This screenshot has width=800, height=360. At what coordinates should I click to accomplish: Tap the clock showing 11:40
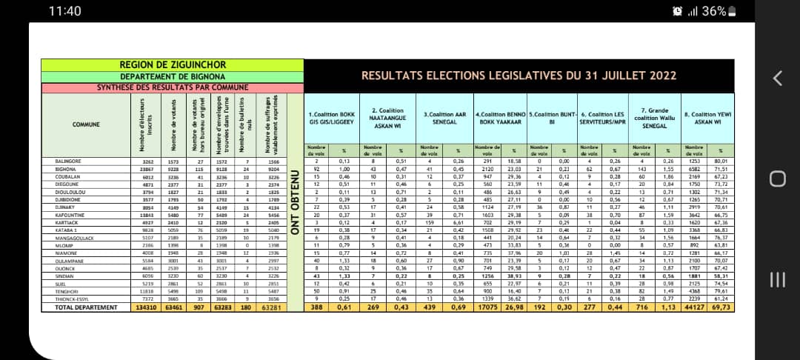point(64,11)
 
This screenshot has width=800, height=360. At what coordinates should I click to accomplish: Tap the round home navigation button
point(777,179)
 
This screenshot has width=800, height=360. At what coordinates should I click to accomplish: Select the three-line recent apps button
point(777,279)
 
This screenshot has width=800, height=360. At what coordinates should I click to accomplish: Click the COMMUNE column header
point(86,124)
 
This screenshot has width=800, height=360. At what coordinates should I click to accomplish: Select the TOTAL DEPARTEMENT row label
point(86,307)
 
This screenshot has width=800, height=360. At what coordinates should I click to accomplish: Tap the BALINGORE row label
point(70,161)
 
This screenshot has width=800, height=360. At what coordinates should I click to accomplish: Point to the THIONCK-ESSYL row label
point(73,299)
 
